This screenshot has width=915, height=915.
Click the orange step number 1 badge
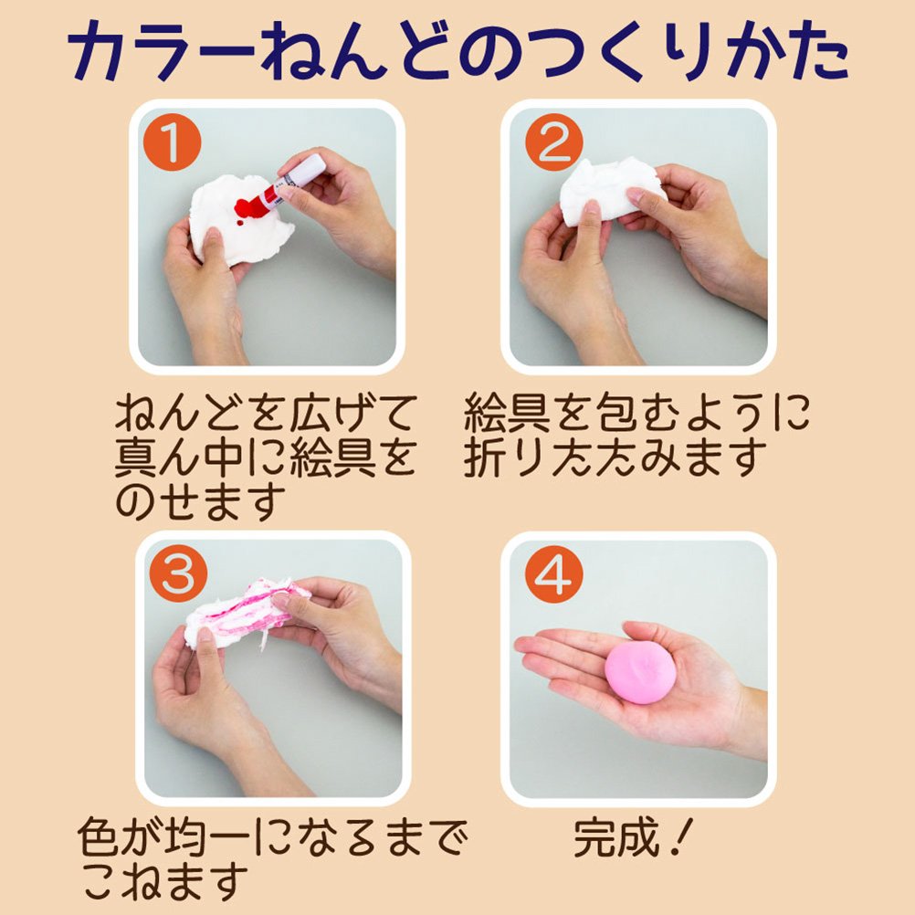coord(172,142)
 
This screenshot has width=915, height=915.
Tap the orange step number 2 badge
coord(553,142)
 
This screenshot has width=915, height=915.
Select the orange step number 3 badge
coord(178,573)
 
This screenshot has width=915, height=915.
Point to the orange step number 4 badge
coord(553,573)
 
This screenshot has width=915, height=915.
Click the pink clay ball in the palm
coord(640,672)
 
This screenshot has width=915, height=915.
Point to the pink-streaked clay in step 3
coord(245,613)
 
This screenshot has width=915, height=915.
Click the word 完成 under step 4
coord(616,838)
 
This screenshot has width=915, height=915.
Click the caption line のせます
coord(200,502)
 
